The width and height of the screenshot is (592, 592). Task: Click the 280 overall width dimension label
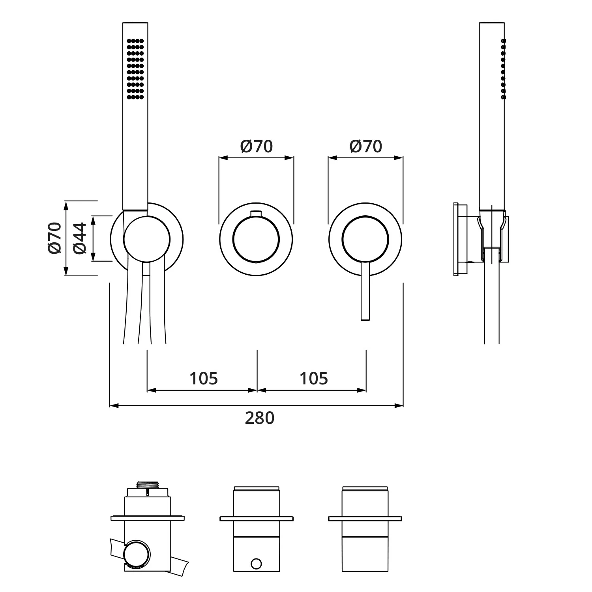[x=260, y=418]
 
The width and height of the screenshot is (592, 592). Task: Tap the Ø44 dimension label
[x=80, y=238]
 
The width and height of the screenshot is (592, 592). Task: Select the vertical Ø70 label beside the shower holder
[x=55, y=238]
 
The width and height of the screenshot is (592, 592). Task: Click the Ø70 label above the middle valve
[x=257, y=146]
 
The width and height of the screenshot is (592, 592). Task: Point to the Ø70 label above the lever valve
[x=366, y=146]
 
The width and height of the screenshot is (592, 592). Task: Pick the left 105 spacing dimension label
[x=204, y=378]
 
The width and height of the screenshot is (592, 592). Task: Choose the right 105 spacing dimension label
[x=314, y=378]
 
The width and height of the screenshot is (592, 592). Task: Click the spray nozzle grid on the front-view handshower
[x=135, y=69]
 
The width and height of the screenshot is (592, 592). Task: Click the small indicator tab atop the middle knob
[x=256, y=214]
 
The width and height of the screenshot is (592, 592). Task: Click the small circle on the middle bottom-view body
[x=256, y=564]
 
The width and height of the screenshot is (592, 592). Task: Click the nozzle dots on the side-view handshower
[x=503, y=69]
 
